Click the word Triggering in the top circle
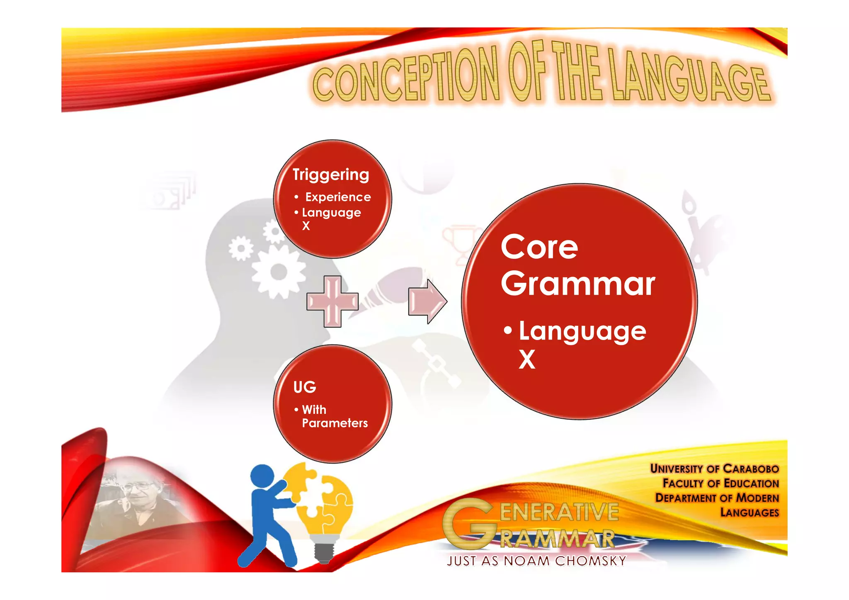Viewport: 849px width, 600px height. coord(330,175)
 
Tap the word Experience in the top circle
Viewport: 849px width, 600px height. coord(338,197)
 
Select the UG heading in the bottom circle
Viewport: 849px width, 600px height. coord(305,387)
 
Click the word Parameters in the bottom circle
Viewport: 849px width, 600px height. coord(335,423)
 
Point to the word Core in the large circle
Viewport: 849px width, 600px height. coord(539,248)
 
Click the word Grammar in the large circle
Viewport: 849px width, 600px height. coord(578,284)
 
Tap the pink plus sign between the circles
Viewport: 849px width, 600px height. coord(332,301)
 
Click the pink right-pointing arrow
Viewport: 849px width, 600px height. coord(427,301)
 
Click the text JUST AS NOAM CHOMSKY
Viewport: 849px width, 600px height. coord(536,561)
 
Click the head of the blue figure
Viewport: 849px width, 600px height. coord(263,476)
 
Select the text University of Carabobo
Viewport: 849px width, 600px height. coord(714,469)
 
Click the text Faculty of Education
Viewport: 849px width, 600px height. coord(720,483)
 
